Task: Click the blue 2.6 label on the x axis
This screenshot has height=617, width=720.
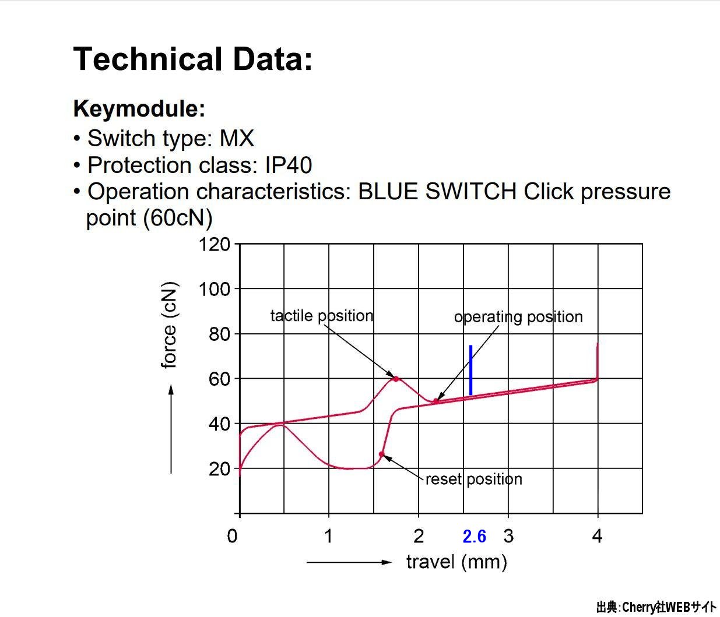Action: click(474, 536)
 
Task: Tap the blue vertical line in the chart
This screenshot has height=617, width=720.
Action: click(470, 370)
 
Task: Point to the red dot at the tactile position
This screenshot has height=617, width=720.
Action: click(396, 379)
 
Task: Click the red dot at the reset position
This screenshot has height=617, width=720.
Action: click(381, 454)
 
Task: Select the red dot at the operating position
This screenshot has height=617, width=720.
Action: click(435, 401)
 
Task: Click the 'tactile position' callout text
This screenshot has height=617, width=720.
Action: click(322, 316)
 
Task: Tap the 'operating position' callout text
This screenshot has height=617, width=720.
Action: click(518, 317)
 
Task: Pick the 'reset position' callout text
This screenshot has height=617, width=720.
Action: click(474, 480)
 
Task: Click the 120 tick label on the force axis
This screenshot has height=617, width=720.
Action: click(214, 244)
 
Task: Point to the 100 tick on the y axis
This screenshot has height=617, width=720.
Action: click(214, 289)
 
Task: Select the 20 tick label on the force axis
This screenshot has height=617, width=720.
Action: click(219, 469)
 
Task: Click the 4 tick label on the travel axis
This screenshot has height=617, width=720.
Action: click(597, 536)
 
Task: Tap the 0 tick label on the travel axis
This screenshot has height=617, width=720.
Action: click(232, 536)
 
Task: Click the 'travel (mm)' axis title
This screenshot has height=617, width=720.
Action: click(456, 562)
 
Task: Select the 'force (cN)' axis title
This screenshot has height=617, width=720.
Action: click(169, 325)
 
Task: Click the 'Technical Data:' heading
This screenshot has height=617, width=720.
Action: click(193, 59)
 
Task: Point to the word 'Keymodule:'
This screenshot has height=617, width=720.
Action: click(139, 108)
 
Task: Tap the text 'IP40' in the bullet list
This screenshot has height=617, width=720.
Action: click(289, 165)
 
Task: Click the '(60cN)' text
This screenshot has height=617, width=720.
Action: click(178, 218)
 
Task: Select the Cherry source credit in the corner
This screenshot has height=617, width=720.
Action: click(656, 607)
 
